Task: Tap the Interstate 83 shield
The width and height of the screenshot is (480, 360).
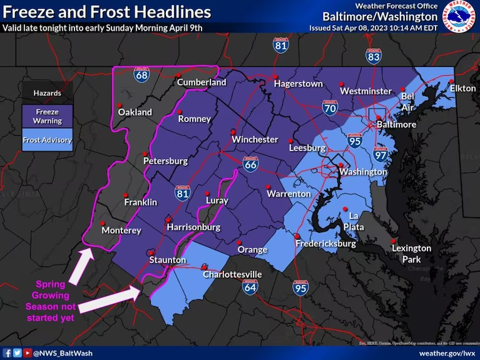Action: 374,58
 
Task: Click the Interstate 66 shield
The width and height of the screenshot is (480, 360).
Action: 250,164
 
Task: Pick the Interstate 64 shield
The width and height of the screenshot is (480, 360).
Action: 250,287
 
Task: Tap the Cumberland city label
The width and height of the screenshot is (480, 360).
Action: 202,83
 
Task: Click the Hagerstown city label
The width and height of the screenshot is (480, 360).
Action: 298,84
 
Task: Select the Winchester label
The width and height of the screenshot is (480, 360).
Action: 255,139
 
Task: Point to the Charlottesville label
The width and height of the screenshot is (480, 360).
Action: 232,275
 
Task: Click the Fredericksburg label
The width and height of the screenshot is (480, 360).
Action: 326,244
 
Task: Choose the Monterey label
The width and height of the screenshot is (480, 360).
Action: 121,230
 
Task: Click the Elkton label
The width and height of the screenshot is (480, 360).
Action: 462,88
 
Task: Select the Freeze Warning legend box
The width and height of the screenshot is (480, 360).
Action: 48,116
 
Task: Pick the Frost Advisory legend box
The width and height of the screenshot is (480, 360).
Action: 48,140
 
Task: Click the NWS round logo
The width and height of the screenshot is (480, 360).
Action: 460,17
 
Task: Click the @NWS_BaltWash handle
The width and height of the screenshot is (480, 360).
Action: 62,353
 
